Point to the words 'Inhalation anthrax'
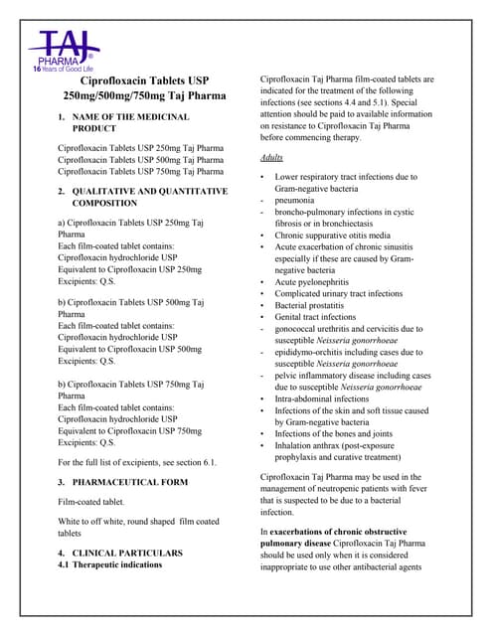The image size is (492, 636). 317,445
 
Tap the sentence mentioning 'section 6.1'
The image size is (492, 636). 137,462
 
